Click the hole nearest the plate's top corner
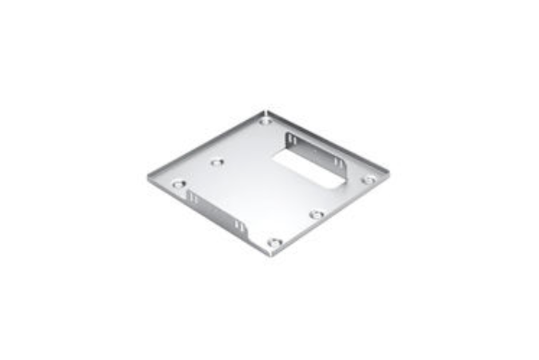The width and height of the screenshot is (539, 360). coord(266,120)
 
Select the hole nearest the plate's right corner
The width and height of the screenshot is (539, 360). coord(367,180)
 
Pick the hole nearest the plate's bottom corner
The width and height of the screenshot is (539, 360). coord(273,242)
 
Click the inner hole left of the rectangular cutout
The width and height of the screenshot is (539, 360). coord(217,162)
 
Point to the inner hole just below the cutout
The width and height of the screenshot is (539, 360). coord(317,214)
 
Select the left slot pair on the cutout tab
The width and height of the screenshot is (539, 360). coord(293,140)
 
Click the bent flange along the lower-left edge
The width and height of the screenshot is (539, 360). coord(212,212)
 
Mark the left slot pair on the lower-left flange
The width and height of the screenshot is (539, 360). coord(192,198)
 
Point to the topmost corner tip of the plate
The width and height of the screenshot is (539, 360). coord(265,112)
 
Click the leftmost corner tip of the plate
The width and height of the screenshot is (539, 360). coord(148,175)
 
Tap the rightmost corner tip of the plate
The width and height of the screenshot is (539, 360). coord(388,172)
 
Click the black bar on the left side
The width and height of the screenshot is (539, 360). coord(44,180)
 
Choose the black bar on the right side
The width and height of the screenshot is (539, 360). coord(495,180)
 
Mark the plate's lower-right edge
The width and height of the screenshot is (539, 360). coord(332,214)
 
